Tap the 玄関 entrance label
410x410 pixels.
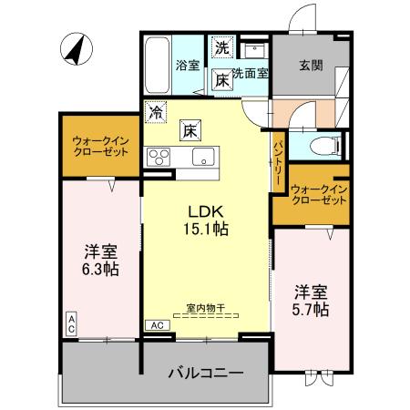(312, 65)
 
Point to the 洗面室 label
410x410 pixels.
(250, 74)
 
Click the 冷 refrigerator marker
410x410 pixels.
(158, 113)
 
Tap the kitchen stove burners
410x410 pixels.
(159, 154)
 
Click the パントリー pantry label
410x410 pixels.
(277, 161)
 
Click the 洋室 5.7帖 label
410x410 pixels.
(311, 302)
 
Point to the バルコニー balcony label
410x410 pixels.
(205, 374)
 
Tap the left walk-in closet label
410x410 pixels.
(100, 146)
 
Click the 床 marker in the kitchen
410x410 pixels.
(190, 129)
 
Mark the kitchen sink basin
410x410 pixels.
(200, 153)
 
